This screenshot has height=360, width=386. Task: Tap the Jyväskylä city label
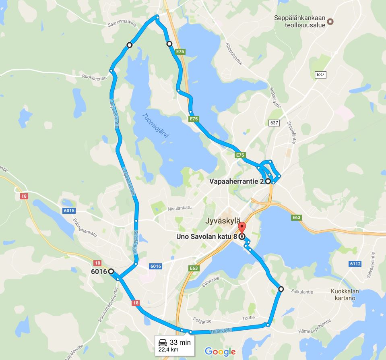pyautogui.click(x=223, y=221)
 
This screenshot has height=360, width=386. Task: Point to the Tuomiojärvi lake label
pyautogui.click(x=155, y=125)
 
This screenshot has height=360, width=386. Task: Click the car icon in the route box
pyautogui.click(x=163, y=343)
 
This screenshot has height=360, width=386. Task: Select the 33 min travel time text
pyautogui.click(x=179, y=342)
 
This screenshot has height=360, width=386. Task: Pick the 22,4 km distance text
pyautogui.click(x=168, y=350)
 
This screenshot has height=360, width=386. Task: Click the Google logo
pyautogui.click(x=220, y=351)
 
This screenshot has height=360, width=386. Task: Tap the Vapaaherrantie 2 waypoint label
pyautogui.click(x=237, y=182)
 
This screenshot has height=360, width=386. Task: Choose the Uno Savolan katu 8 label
pyautogui.click(x=206, y=236)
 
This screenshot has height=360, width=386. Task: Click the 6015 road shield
pyautogui.click(x=69, y=211)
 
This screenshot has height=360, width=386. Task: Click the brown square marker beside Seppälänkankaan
pyautogui.click(x=330, y=21)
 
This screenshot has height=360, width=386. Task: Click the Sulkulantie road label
pyautogui.click(x=302, y=290)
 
